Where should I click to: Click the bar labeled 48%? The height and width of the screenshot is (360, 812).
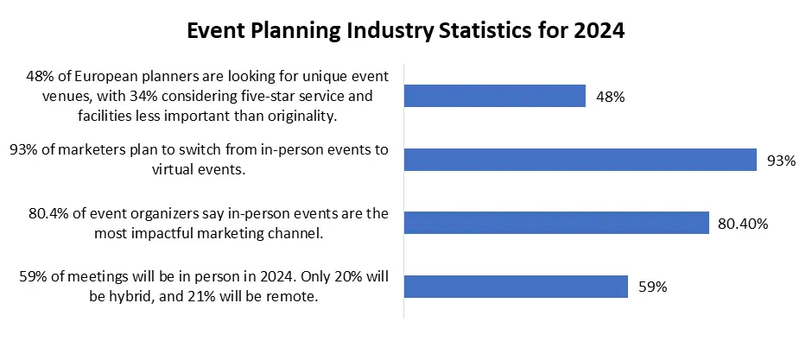click(495, 96)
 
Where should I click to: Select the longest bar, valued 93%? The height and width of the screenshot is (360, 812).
click(580, 160)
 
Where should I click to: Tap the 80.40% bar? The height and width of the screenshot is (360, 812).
click(556, 223)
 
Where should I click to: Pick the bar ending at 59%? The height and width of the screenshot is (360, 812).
click(516, 287)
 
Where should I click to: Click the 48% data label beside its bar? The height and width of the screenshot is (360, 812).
click(611, 97)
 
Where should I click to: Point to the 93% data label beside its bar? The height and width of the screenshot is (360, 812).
click(782, 161)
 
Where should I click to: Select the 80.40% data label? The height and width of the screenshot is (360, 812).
click(743, 224)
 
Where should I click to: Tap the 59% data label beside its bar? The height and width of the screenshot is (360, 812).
click(652, 287)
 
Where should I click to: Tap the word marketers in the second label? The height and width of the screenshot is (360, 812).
click(85, 150)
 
